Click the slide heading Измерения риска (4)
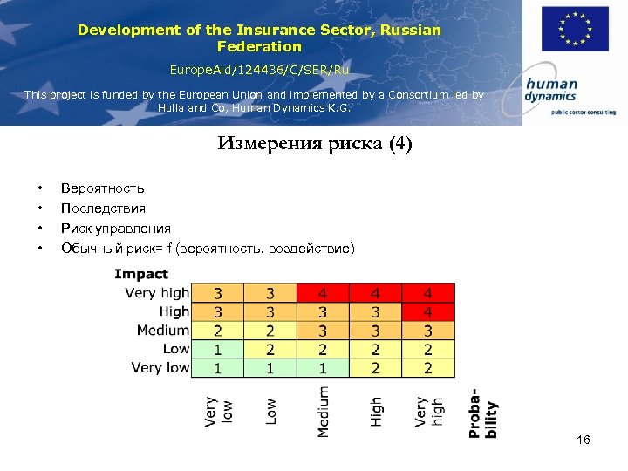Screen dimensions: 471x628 (314, 144)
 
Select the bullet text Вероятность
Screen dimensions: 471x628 (102, 188)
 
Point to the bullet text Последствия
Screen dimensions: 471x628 (103, 208)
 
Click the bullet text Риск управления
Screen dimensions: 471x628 (115, 229)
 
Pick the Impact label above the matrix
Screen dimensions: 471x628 (140, 274)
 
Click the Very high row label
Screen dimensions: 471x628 (157, 293)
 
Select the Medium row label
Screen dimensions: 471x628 (163, 330)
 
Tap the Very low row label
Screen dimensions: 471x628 (160, 367)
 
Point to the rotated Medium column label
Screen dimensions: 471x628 (324, 411)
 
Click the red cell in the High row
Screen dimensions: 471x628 (427, 311)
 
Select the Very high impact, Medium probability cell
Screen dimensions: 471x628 (323, 293)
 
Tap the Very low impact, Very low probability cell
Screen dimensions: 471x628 (217, 368)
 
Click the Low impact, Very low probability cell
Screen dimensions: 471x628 (217, 349)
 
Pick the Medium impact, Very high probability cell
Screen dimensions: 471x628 (427, 331)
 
